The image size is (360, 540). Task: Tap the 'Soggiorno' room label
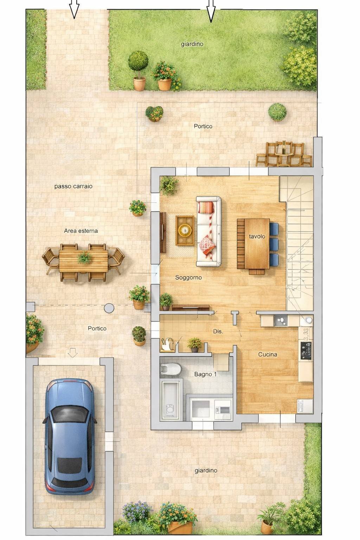coord(188,277)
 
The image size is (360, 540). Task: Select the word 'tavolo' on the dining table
coord(257,237)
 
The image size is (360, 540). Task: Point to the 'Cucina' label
coord(268,354)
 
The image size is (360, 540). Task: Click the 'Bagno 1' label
coord(205,374)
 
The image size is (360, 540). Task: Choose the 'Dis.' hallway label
coord(218,332)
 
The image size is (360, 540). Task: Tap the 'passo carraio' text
coord(73,186)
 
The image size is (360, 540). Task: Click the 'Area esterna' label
coord(81,231)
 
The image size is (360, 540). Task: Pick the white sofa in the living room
coord(209,231)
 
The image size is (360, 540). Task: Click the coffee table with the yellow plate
coord(185,230)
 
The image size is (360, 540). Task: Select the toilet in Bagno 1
coord(171,369)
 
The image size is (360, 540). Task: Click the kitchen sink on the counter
coord(281,321)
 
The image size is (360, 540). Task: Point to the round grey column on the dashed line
coord(109,308)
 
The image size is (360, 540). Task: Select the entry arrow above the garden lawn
coord(211,11)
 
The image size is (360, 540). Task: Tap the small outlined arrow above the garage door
coord(72,353)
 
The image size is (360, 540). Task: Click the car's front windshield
coord(70,414)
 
